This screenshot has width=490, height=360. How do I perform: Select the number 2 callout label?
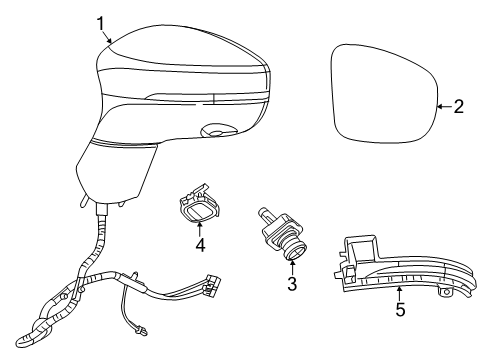click(x=459, y=107)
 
